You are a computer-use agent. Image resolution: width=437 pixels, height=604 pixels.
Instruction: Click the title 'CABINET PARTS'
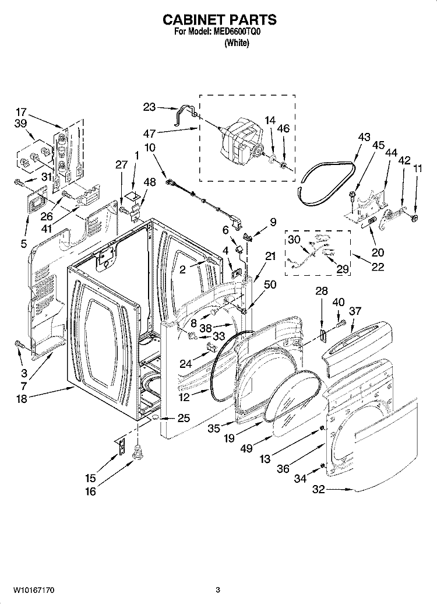point(219,20)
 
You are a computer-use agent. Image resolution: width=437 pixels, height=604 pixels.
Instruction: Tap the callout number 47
point(151,134)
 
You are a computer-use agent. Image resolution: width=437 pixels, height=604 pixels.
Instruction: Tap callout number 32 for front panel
point(318,490)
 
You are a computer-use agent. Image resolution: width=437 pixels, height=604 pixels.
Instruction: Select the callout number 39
point(21,124)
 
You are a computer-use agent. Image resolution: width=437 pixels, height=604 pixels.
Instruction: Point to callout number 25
point(184,418)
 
